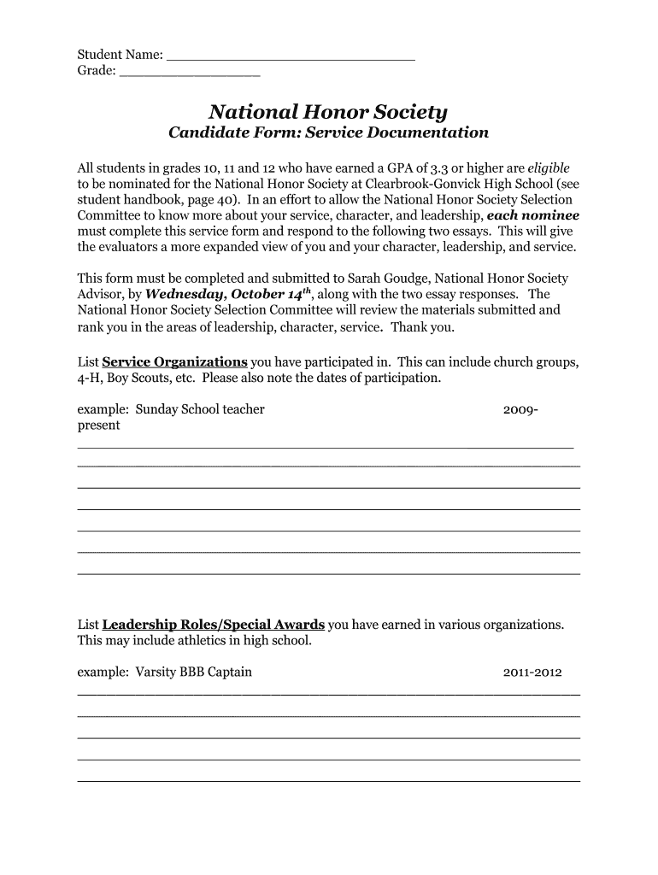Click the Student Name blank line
click(x=291, y=57)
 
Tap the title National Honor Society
click(x=328, y=112)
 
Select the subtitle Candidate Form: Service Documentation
click(x=328, y=133)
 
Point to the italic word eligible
click(x=549, y=167)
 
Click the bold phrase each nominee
click(x=532, y=215)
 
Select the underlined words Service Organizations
click(x=174, y=361)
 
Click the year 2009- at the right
click(x=520, y=410)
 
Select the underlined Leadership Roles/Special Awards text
click(x=213, y=624)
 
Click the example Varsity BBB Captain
click(x=194, y=672)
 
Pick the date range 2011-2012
click(x=532, y=672)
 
